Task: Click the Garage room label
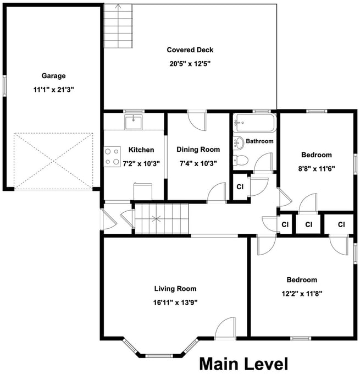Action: (53, 76)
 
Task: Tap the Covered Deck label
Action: (190, 50)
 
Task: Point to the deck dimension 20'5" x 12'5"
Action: (190, 63)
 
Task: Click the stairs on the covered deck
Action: (119, 25)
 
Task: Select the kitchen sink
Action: (134, 122)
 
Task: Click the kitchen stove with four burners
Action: (113, 156)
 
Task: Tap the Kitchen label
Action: (141, 150)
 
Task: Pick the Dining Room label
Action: (198, 150)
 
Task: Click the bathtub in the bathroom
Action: (254, 123)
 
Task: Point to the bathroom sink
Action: (239, 143)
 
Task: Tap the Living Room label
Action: (175, 289)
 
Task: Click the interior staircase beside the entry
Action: (162, 218)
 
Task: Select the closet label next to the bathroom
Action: (240, 187)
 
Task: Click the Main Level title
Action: (243, 364)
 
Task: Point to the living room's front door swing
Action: (225, 329)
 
